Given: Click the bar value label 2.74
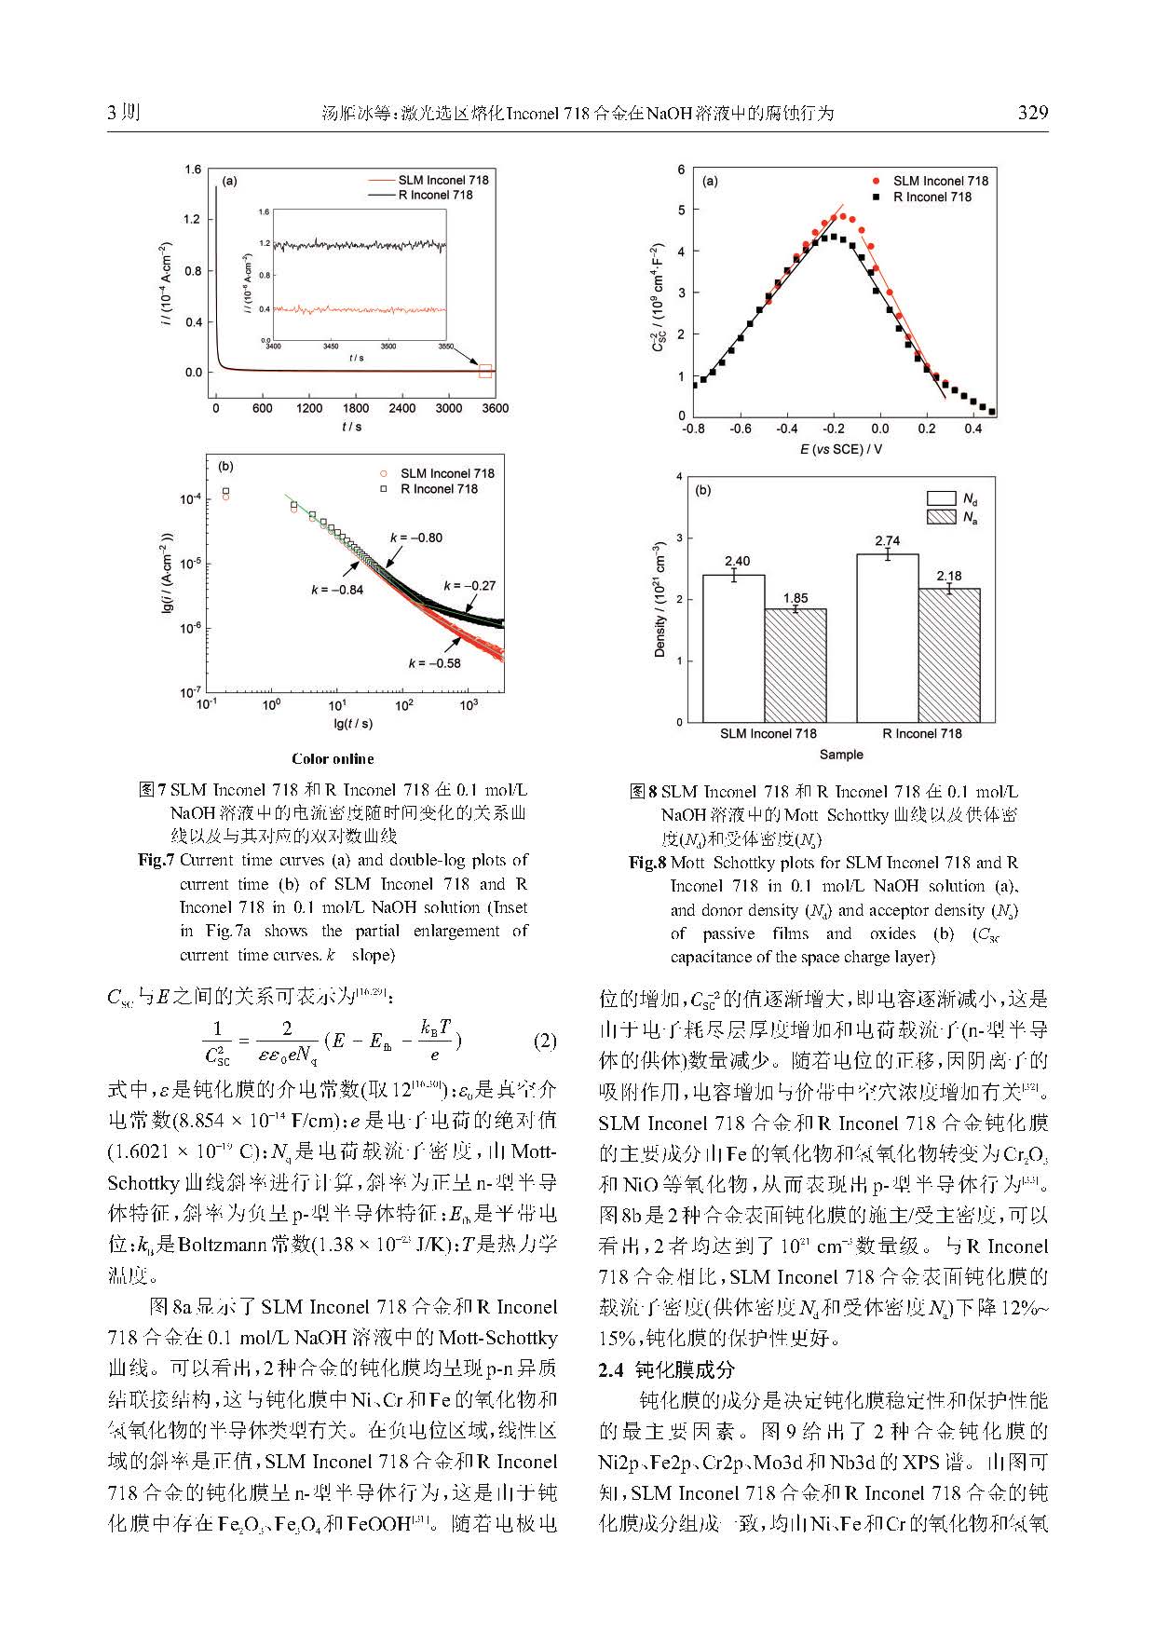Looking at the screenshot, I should tap(887, 540).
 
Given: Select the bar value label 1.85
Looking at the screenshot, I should tap(796, 598).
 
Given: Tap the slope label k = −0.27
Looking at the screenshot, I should tap(469, 585).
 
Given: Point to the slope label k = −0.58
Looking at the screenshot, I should tap(434, 662).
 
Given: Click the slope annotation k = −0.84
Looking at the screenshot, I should tap(337, 590).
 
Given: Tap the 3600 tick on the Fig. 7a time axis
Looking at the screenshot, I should tap(495, 408).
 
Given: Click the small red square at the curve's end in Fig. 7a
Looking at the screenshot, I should tap(485, 371).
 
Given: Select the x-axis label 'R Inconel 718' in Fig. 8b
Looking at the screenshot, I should tap(921, 733).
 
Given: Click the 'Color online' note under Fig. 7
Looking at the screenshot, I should tap(333, 758).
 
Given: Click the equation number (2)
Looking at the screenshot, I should tap(545, 1041).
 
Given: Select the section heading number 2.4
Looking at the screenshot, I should tap(610, 1369).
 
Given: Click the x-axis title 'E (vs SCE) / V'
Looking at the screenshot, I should tap(841, 449).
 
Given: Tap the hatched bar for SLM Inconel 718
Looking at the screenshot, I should tap(796, 665).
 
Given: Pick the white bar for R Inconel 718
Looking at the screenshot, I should tap(887, 638).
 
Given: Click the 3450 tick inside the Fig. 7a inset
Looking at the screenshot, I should tap(331, 347).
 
